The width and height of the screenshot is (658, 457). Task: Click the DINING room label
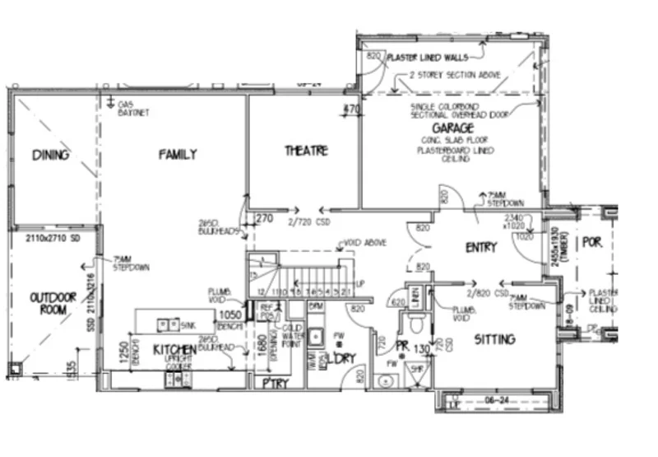point(51,155)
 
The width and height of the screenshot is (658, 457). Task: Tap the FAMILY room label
point(178,154)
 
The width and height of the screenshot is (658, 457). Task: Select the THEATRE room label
point(306,151)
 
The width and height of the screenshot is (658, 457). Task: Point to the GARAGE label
point(449,129)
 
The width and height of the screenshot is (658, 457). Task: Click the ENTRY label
point(481,248)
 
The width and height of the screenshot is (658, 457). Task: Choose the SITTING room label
point(494,338)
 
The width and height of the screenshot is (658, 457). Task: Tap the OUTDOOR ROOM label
point(53,303)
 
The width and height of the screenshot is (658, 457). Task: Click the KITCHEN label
point(175,350)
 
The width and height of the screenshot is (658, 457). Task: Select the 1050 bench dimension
point(229,315)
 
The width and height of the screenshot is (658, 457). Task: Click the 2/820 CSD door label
point(482,292)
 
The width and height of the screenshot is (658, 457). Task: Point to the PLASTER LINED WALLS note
point(428,58)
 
